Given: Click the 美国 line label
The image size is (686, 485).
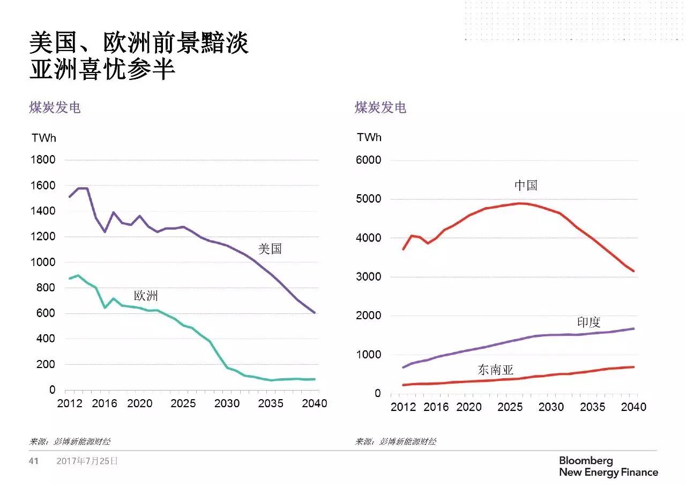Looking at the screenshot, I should point(270,249).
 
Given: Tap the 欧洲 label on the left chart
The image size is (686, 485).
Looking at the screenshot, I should point(146,296).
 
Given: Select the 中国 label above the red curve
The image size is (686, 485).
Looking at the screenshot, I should point(526,186).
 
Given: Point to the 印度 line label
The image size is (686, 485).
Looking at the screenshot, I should point(588,322).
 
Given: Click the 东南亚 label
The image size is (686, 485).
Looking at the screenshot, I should point(495,370).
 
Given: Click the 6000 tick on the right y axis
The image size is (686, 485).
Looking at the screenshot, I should point(369,160).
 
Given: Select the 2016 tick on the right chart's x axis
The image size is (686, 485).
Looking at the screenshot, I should point(436,407).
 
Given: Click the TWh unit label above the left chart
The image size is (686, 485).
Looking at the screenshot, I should point(44,138).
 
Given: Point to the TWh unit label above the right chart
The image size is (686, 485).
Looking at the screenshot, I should point(369,137).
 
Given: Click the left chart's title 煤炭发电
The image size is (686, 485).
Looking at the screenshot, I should point(55,107).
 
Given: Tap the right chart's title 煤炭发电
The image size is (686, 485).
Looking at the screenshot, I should point(381,107).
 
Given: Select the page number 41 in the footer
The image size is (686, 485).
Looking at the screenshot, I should point(34,461).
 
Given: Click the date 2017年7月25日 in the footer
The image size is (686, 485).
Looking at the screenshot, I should point(87,461).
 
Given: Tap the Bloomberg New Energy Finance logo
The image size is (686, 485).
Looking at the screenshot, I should point(608,467).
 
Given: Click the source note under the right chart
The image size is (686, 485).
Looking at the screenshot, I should point(396,442).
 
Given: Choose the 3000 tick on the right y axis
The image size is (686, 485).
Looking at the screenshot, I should point(369,277).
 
